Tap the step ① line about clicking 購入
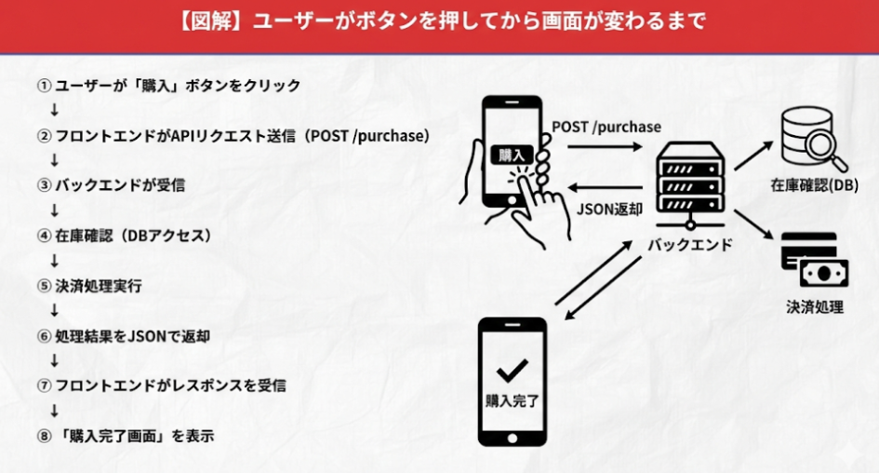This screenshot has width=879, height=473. (168, 86)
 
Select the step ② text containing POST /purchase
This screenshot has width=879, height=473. (233, 136)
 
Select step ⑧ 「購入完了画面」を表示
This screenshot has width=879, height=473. (125, 435)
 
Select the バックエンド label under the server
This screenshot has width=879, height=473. (690, 246)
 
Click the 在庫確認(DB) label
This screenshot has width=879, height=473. (807, 186)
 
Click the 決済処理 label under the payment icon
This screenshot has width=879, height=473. (815, 306)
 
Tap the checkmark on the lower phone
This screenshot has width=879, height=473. (512, 372)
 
